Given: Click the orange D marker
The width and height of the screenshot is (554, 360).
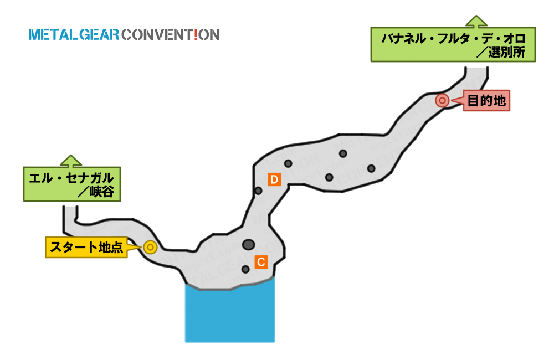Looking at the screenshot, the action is [x=274, y=179].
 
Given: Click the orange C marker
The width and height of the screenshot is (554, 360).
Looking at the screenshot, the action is [x=261, y=262].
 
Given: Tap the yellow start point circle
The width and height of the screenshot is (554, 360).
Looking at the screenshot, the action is [x=150, y=248].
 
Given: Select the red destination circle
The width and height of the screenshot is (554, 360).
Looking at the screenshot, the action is [x=442, y=100].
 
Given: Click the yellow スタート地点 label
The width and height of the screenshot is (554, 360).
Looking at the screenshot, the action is [x=86, y=248].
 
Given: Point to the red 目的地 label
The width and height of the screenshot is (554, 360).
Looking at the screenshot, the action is [x=486, y=101].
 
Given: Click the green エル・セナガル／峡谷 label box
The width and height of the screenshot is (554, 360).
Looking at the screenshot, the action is [x=72, y=184].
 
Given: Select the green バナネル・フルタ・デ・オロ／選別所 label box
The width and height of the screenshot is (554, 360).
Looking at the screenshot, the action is [x=453, y=44].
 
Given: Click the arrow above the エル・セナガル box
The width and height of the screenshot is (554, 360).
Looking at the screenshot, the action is [x=71, y=161].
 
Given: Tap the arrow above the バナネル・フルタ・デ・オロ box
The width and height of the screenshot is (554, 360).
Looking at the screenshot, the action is [x=476, y=21].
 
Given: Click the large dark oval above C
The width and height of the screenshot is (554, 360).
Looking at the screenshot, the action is [x=248, y=244].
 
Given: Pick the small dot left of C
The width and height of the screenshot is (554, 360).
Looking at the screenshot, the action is [x=245, y=270].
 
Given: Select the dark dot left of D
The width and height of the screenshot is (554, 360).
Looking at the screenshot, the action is [x=258, y=191].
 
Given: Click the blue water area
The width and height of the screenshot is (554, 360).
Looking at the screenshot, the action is [x=230, y=315].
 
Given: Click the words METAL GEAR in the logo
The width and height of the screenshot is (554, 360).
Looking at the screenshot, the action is [x=74, y=35].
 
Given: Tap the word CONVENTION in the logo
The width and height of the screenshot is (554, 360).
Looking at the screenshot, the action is [x=171, y=35].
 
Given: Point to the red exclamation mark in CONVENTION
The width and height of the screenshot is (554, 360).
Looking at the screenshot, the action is [x=196, y=35].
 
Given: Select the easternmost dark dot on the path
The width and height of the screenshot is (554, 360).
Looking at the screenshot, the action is [x=371, y=168].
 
